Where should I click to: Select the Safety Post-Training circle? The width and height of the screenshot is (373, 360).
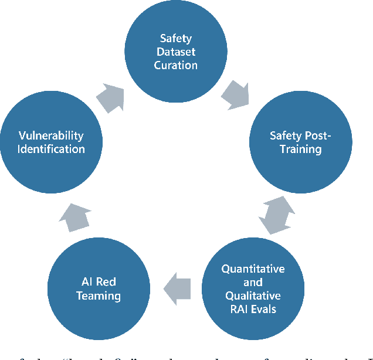click(x=300, y=142)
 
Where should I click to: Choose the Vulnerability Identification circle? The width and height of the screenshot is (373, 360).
click(x=52, y=142)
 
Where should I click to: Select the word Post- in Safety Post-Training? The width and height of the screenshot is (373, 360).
click(x=318, y=136)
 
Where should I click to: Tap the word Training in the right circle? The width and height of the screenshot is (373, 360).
click(x=300, y=149)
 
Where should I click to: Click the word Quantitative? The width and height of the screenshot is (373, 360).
click(x=253, y=269)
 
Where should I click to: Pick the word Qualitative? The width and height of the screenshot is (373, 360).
click(x=252, y=296)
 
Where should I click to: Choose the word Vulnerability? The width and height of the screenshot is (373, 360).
click(x=51, y=135)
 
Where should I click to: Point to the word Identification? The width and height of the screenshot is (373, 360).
click(x=52, y=149)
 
